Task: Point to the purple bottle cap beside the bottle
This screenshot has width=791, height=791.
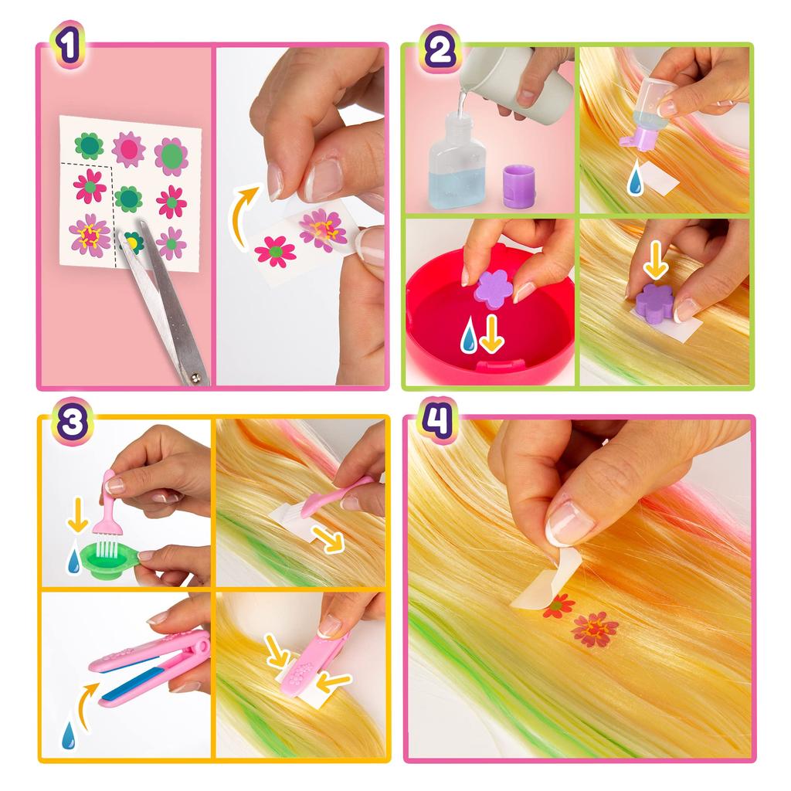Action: [519, 185]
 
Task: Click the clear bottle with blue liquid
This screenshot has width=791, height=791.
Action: [457, 161]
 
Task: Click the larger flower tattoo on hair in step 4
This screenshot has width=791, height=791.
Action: [594, 629]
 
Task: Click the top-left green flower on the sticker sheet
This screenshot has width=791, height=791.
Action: [88, 146]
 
